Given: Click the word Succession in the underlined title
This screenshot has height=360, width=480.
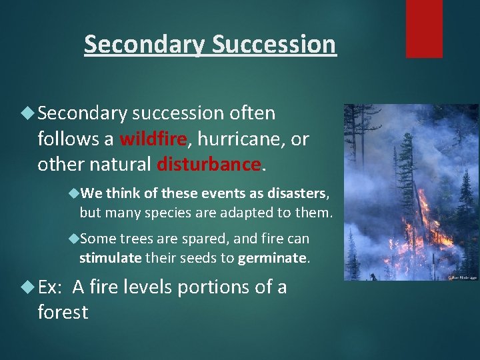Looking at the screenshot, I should (x=273, y=44).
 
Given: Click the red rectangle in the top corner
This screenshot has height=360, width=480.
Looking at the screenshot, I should (x=424, y=28).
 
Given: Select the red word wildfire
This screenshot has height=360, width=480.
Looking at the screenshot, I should (x=153, y=139).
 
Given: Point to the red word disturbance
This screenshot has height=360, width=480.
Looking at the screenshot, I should (x=209, y=164).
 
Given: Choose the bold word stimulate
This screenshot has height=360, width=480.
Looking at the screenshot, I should (x=110, y=257).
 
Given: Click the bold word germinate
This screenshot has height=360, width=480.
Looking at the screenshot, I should (x=273, y=257).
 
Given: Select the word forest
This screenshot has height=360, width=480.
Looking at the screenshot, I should (x=63, y=312).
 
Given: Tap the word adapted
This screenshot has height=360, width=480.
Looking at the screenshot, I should (x=255, y=213).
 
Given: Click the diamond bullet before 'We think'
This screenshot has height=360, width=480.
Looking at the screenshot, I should (x=73, y=193).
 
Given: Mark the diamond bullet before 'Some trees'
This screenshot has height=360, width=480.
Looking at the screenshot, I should (x=73, y=238).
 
